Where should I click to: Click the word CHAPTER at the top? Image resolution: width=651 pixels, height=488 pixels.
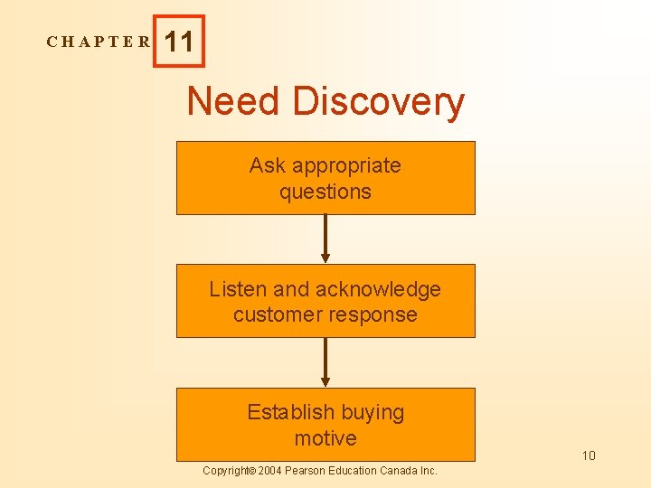coord(99,42)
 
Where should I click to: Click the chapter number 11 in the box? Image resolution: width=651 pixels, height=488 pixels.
coord(179,42)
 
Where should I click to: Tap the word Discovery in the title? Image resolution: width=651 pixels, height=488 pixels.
coord(378,102)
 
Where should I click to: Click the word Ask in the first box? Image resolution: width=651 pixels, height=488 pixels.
coord(267,165)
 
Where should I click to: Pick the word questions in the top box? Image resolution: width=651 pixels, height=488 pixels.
coord(325,192)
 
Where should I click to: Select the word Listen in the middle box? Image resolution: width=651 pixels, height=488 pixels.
coord(238,289)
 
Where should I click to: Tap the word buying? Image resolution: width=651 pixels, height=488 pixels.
coord(372,413)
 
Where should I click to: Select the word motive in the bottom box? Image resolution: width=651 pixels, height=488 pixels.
coord(325,438)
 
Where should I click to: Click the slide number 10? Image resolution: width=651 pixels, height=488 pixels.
coord(589,455)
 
